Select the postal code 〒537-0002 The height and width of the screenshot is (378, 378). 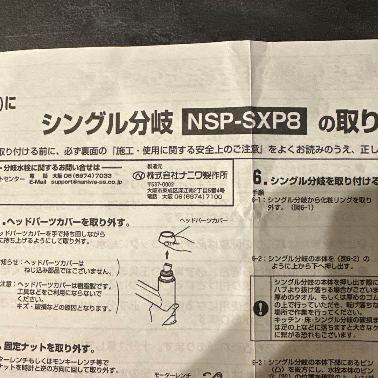161,184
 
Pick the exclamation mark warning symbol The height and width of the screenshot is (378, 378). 261,309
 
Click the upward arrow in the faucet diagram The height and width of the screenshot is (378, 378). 167,252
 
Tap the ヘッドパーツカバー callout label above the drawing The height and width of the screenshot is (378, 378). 204,221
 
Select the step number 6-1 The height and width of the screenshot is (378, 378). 258,201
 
